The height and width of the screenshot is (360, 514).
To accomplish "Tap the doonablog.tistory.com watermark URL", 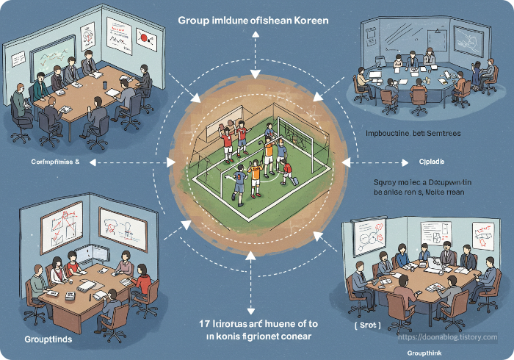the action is [x=447, y=337].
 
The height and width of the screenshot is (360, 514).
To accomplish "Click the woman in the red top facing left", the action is [x=142, y=281].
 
